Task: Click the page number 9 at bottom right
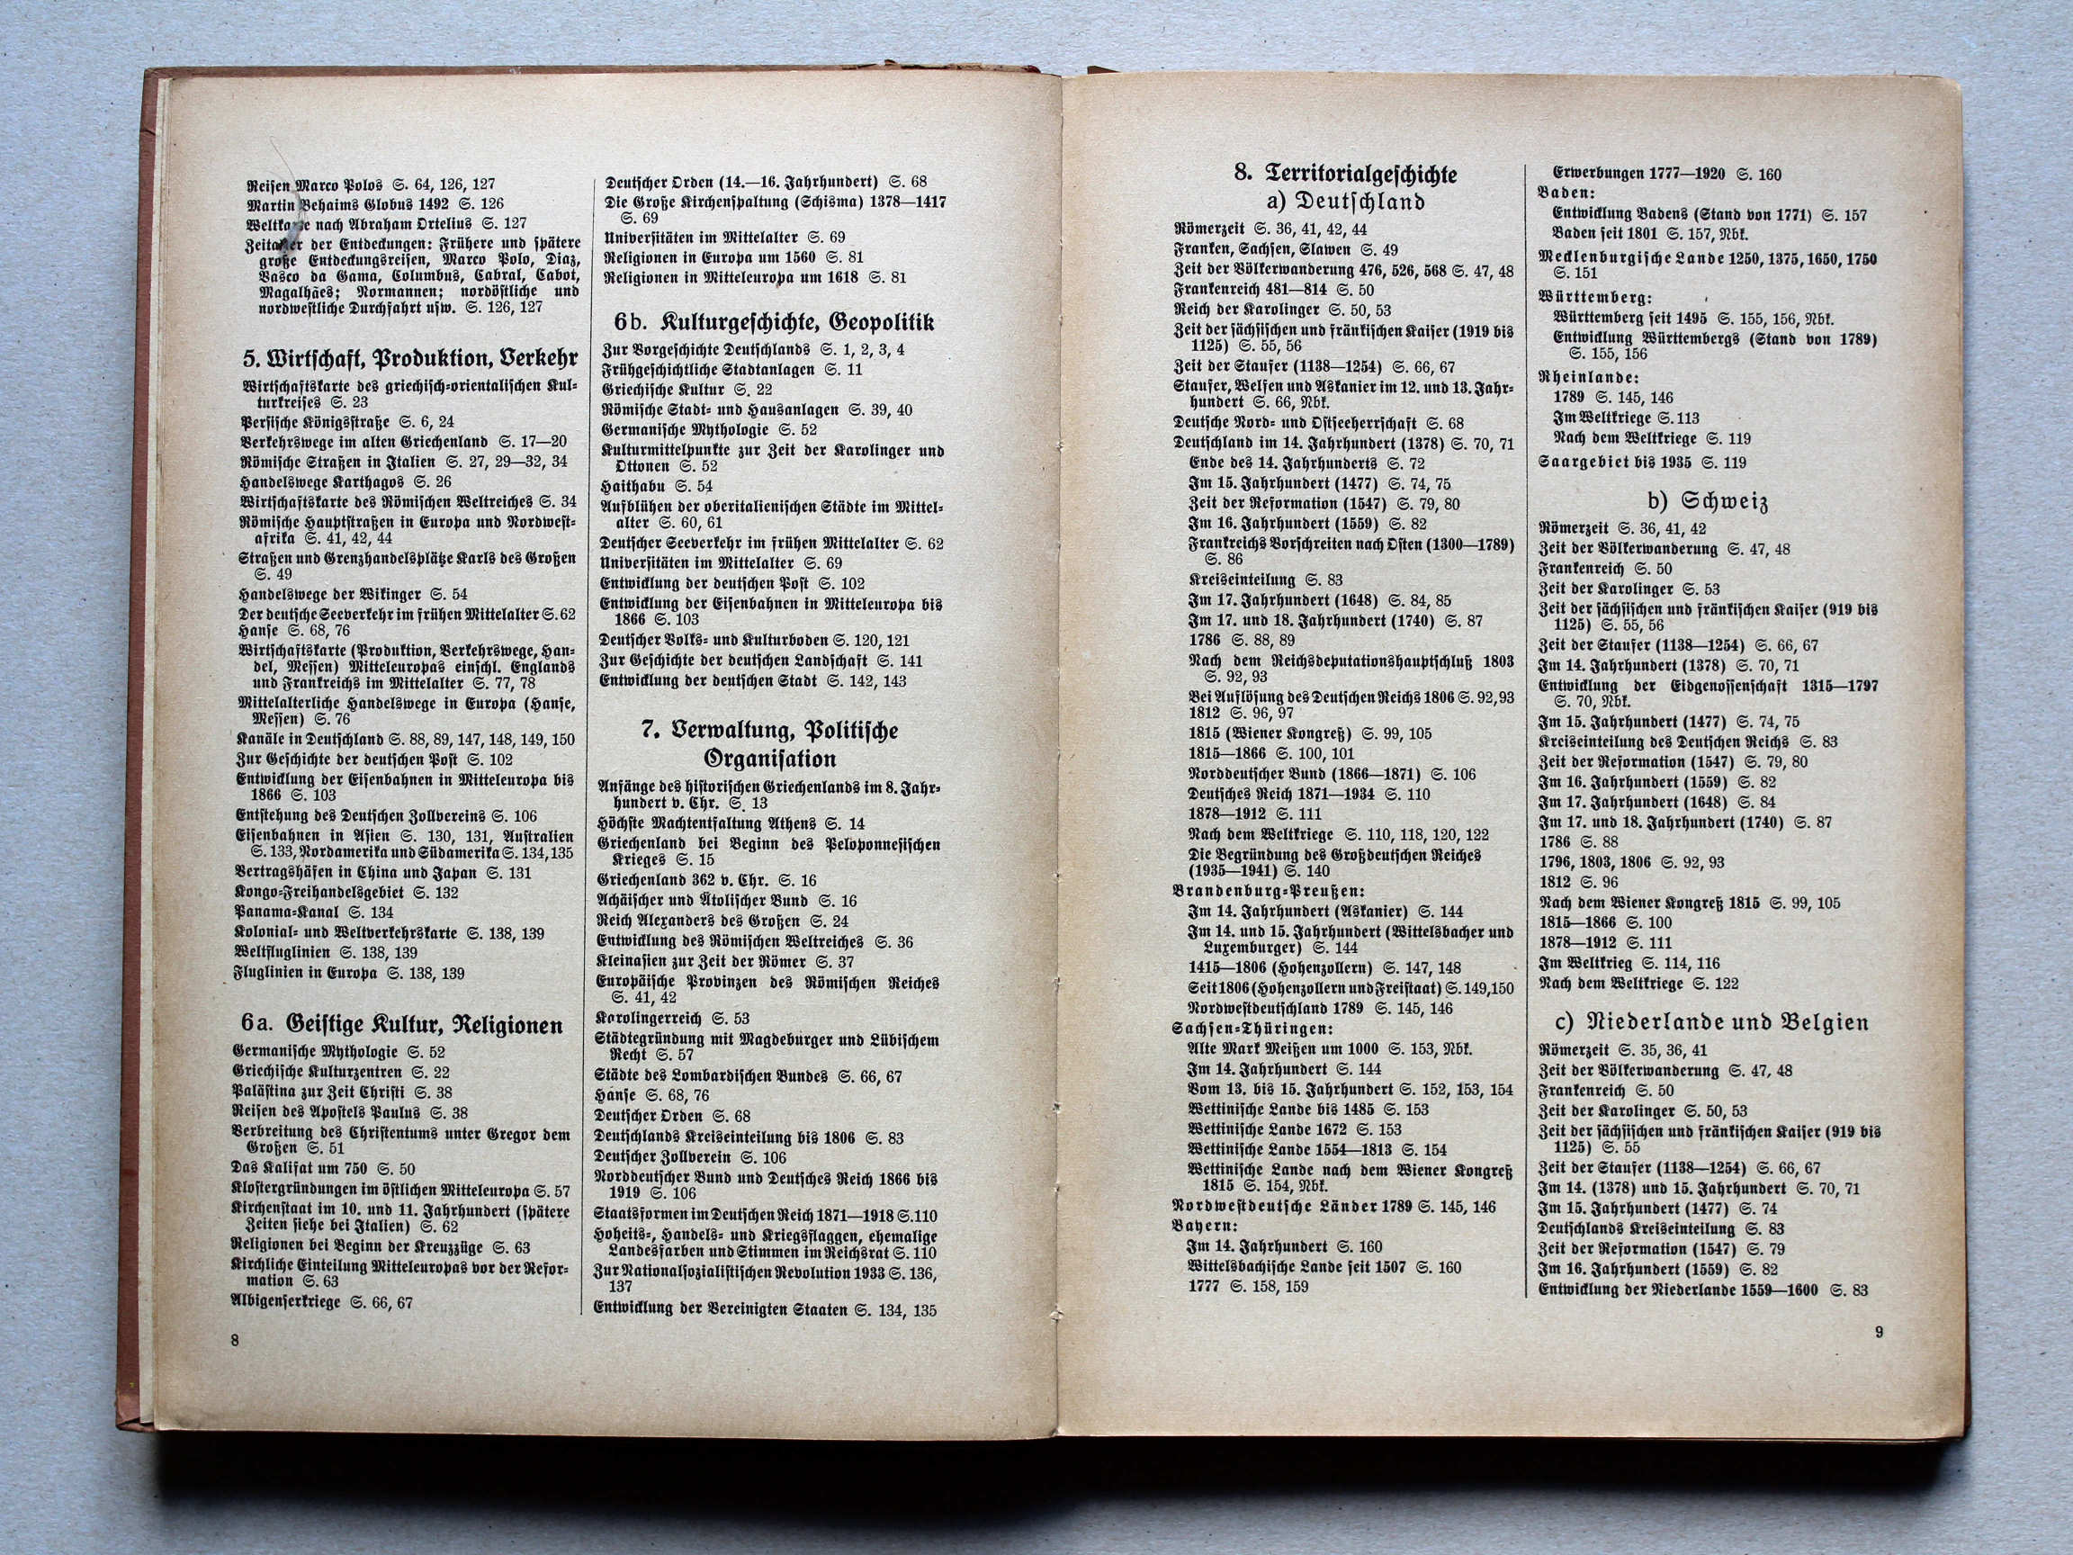1878,1333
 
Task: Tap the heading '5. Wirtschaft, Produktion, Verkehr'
410,358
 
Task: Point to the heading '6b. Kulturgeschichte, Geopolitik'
774,323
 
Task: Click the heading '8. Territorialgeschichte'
1346,174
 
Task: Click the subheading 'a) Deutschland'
1346,202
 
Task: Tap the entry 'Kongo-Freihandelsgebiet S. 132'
345,893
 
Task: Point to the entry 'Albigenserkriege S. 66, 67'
321,1302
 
